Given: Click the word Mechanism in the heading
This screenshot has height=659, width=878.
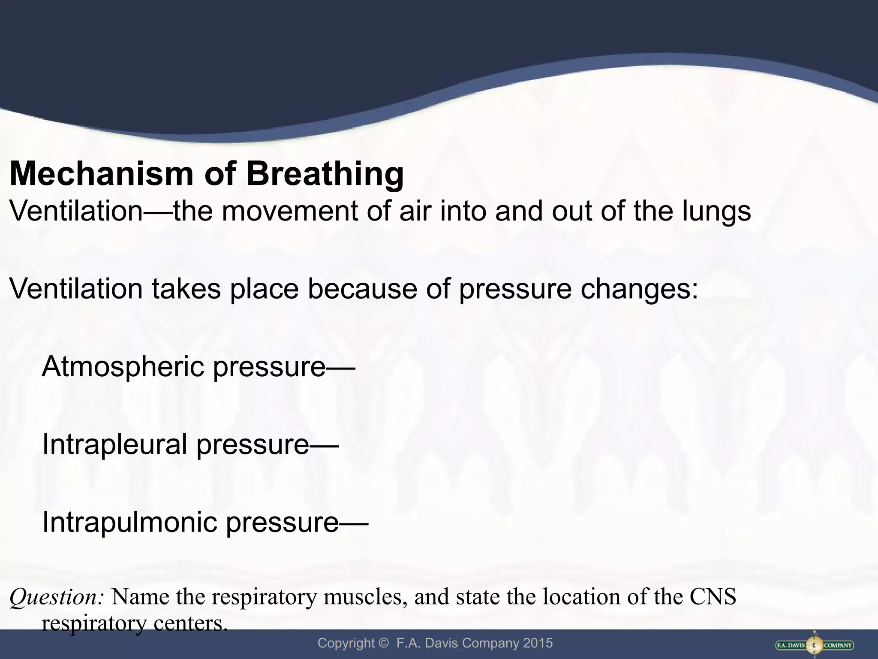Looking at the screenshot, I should tap(101, 174).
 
